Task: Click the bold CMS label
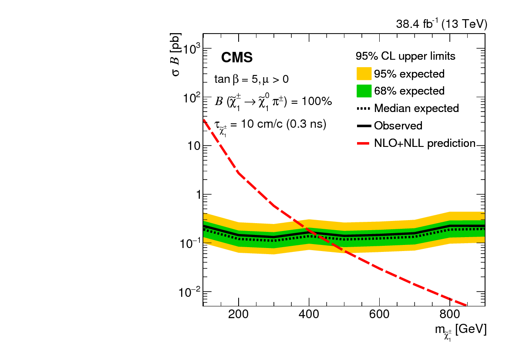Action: point(237,58)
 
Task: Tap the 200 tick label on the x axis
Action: point(238,315)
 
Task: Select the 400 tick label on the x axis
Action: point(309,315)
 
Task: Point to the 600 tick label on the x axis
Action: point(379,315)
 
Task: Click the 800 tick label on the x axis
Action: point(450,315)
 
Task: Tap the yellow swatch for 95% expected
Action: point(364,74)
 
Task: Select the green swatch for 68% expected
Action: point(364,91)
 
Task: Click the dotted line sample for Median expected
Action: point(364,108)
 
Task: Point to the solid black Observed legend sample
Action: point(364,126)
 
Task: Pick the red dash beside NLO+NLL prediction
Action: point(364,143)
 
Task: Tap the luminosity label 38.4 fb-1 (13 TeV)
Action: point(442,25)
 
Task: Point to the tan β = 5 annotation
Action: point(251,80)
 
